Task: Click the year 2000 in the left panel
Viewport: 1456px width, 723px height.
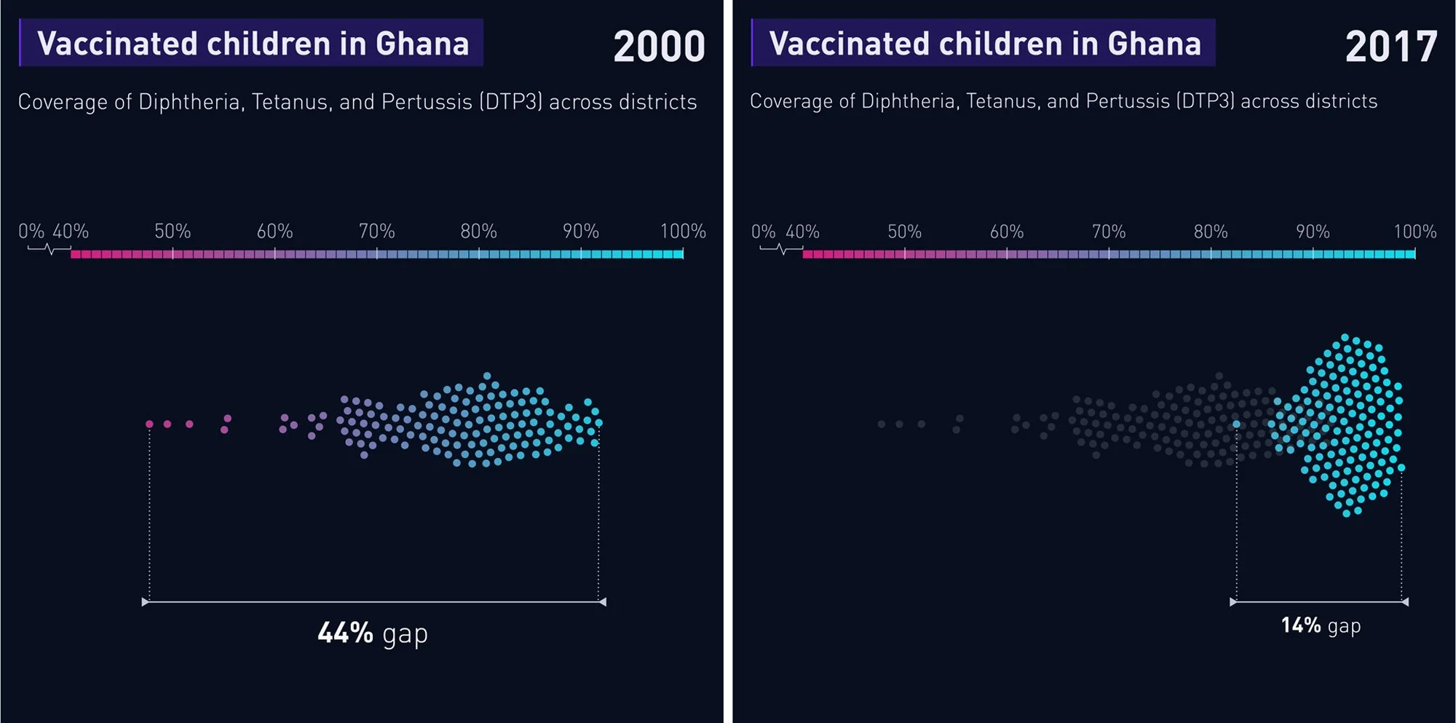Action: tap(659, 47)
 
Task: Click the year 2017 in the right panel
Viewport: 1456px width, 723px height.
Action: tap(1391, 47)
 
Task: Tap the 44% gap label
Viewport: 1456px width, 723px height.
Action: tap(373, 633)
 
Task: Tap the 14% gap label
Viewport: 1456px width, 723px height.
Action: tap(1321, 625)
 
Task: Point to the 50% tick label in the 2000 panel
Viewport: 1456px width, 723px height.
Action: tap(173, 232)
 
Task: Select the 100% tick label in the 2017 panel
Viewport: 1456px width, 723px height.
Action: tap(1415, 232)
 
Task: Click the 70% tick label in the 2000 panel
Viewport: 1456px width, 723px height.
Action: tap(376, 232)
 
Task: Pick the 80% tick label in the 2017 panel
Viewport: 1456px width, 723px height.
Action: tap(1211, 232)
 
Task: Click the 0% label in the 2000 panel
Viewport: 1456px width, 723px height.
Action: tap(31, 232)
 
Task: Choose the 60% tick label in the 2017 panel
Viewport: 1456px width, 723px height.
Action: tap(1007, 232)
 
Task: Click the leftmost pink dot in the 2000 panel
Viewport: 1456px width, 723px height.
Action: tap(149, 424)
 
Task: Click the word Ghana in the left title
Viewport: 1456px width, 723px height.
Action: tap(422, 44)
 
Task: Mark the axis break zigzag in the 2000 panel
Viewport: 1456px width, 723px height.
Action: tap(50, 249)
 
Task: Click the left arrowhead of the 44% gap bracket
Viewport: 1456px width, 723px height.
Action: tap(145, 602)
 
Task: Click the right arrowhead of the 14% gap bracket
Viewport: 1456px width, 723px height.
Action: tap(1405, 602)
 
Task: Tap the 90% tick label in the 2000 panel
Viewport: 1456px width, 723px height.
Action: tap(581, 232)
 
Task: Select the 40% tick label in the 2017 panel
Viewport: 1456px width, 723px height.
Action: tap(802, 232)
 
